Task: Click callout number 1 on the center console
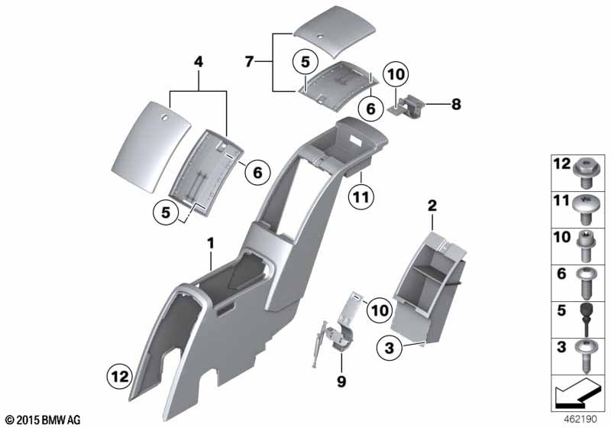click(212, 243)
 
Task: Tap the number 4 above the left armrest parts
click(199, 60)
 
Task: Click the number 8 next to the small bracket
click(456, 105)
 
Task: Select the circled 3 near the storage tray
click(390, 348)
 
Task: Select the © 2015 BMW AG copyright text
click(42, 420)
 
